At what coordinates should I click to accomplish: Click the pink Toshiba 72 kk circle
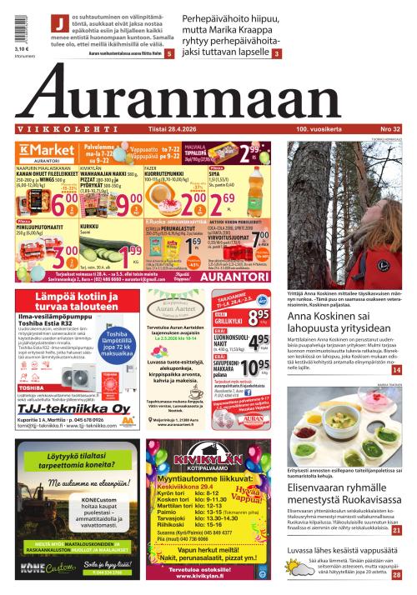coord(115,342)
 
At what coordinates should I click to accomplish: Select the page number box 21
coord(396,530)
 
